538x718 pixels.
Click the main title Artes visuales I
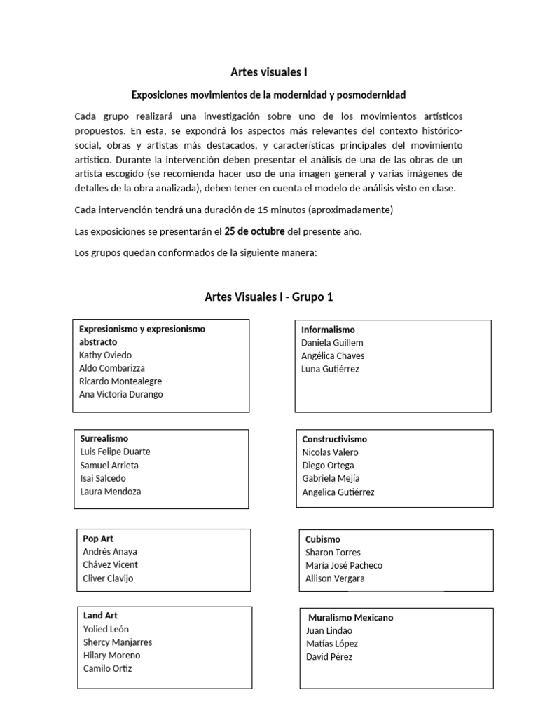pyautogui.click(x=269, y=72)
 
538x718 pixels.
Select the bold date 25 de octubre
pyautogui.click(x=254, y=231)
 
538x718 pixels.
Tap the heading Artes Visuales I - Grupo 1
pyautogui.click(x=269, y=297)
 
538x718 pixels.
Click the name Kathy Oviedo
pyautogui.click(x=105, y=355)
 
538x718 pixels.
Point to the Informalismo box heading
pyautogui.click(x=328, y=330)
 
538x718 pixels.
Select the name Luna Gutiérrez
pyautogui.click(x=330, y=369)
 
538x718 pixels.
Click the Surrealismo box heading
pyautogui.click(x=104, y=438)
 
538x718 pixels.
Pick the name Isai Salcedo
pyautogui.click(x=103, y=478)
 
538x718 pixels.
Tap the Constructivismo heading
pyautogui.click(x=335, y=439)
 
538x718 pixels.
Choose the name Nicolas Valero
pyautogui.click(x=331, y=452)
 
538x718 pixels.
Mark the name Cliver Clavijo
pyautogui.click(x=108, y=578)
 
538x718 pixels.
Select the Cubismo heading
pyautogui.click(x=323, y=539)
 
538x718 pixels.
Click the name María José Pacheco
pyautogui.click(x=344, y=565)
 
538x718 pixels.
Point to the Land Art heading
pyautogui.click(x=100, y=616)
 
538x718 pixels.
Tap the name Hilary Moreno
pyautogui.click(x=111, y=655)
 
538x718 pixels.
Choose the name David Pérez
pyautogui.click(x=329, y=657)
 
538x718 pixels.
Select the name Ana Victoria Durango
pyautogui.click(x=121, y=394)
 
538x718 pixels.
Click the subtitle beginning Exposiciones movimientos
pyautogui.click(x=269, y=94)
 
